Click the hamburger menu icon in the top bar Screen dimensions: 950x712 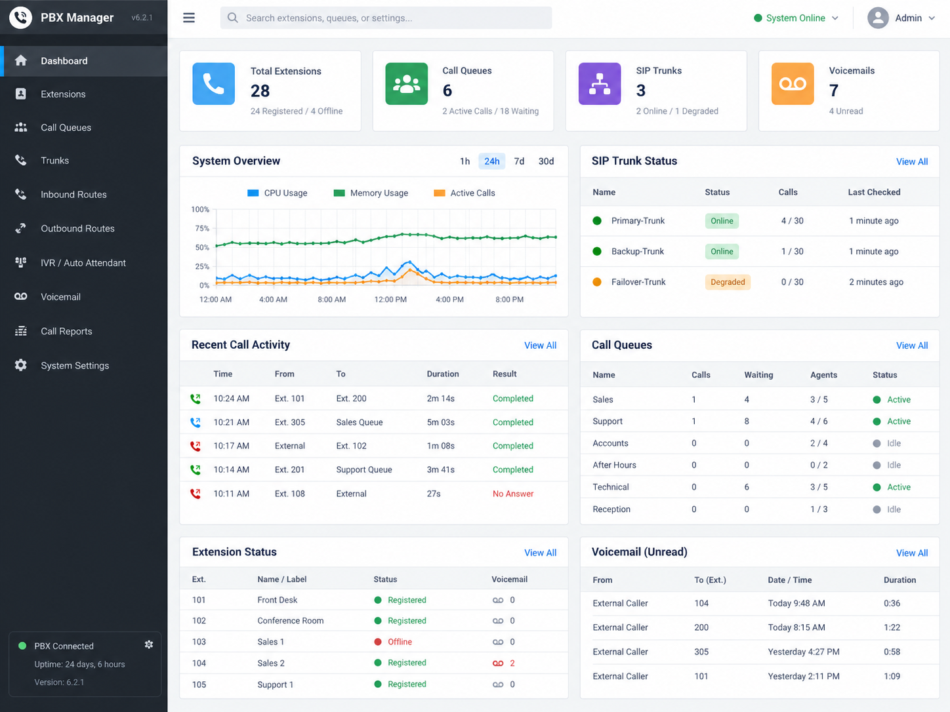[189, 18]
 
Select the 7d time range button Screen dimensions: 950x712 [519, 161]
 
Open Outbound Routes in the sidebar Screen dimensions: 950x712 [77, 228]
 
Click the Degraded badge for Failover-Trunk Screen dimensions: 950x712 [728, 282]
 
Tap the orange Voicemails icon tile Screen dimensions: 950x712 [793, 84]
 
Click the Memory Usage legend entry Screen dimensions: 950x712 [371, 193]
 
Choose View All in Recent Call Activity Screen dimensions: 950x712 [540, 346]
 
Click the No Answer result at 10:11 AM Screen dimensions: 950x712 [513, 494]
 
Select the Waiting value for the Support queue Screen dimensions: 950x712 [747, 421]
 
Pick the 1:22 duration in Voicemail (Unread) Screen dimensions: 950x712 [892, 627]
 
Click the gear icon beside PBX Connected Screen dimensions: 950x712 [149, 644]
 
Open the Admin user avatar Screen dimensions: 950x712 [878, 18]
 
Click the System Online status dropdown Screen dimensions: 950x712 [796, 18]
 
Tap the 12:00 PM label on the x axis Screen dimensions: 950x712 [390, 299]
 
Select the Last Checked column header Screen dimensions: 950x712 [874, 192]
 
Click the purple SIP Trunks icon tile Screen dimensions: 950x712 [600, 84]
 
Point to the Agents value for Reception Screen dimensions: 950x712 [818, 509]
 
